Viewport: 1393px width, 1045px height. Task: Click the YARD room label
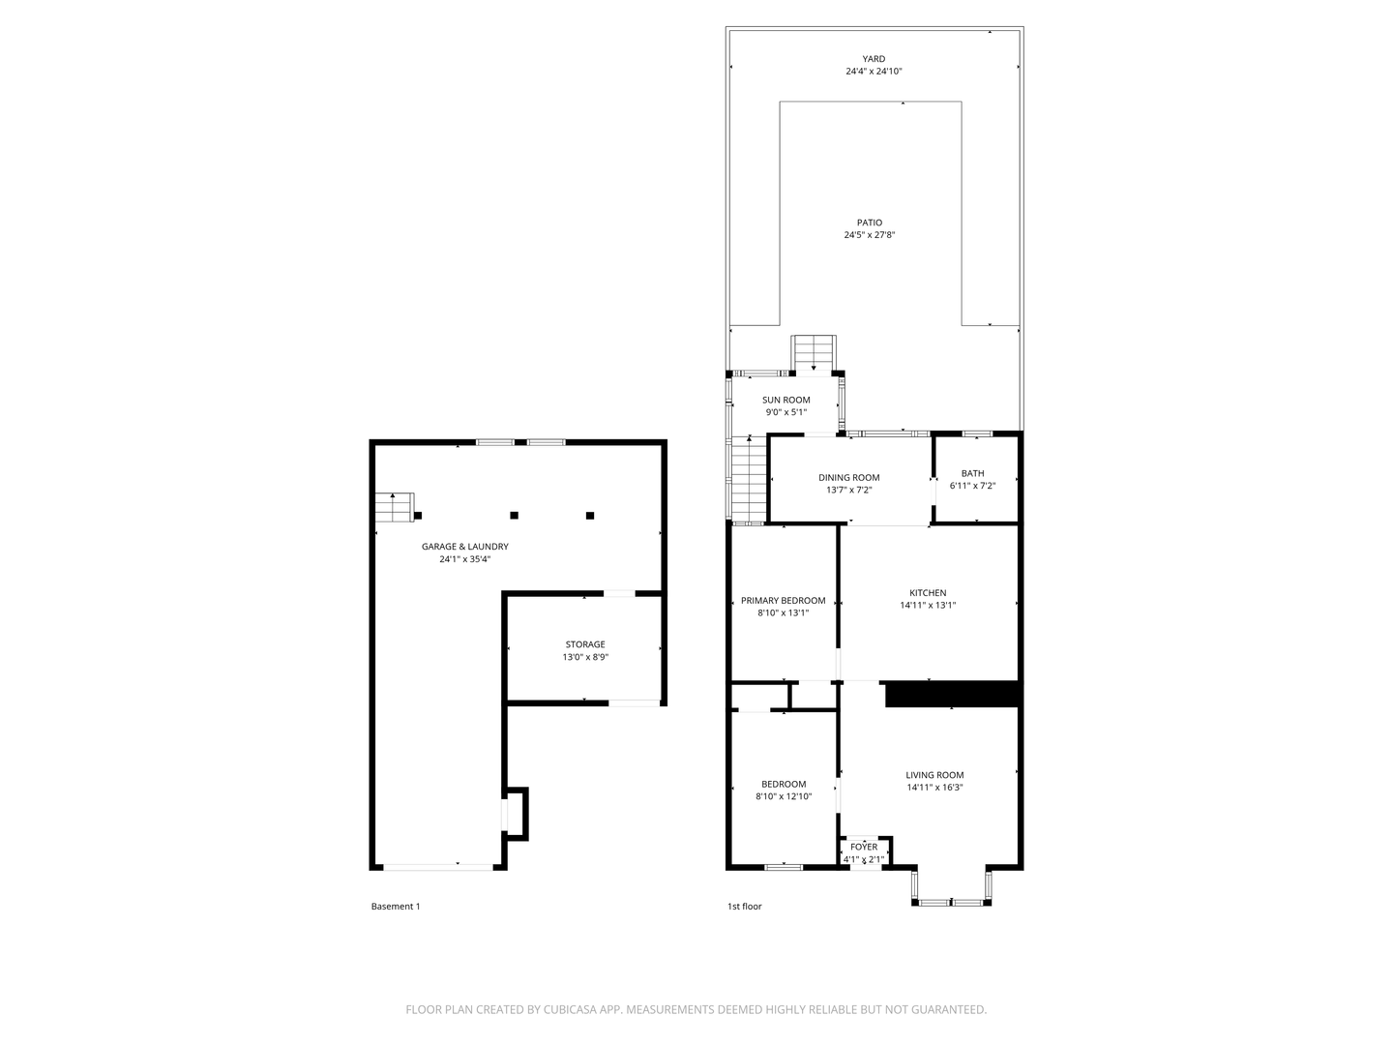(874, 59)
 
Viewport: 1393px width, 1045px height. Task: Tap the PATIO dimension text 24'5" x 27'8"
(869, 235)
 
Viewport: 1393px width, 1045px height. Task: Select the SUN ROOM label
(785, 400)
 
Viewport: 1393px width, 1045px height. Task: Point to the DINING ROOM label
(848, 478)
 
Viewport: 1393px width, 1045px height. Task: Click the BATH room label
(972, 473)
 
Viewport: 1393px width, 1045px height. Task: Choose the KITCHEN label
(927, 592)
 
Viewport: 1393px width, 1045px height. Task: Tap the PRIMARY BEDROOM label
(784, 600)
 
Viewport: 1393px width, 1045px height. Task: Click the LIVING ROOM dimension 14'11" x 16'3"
(934, 788)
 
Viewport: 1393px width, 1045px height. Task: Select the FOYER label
(863, 847)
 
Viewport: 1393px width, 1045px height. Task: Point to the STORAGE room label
(585, 644)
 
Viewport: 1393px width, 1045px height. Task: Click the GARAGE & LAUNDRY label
(464, 547)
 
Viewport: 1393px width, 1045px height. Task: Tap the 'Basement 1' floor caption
(396, 906)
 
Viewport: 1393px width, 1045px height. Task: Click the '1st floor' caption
(745, 906)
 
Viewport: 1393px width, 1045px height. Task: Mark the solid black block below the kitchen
(952, 694)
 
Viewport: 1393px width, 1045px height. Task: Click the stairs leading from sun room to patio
(813, 353)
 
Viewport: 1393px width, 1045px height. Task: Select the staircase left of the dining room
(749, 480)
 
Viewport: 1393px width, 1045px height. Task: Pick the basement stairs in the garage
(394, 507)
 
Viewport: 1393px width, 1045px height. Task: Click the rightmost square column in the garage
(589, 515)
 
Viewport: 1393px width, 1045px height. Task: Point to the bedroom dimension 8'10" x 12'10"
(784, 796)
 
